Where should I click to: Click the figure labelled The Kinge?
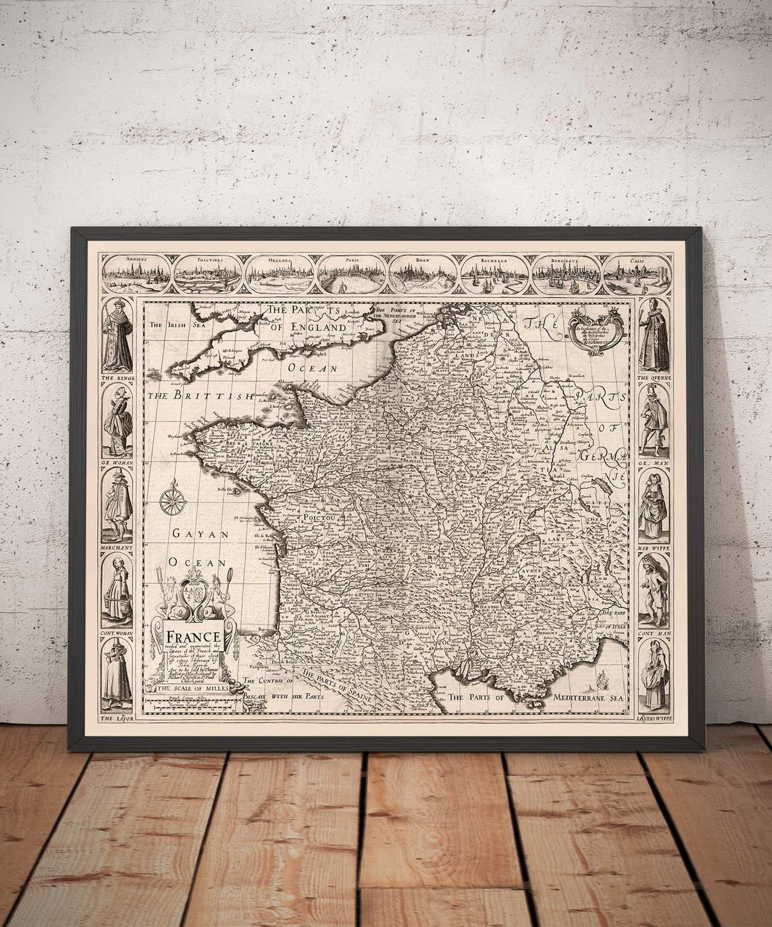click(x=116, y=335)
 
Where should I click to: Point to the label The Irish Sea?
click(x=168, y=325)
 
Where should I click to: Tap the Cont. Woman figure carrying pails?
click(x=116, y=594)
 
